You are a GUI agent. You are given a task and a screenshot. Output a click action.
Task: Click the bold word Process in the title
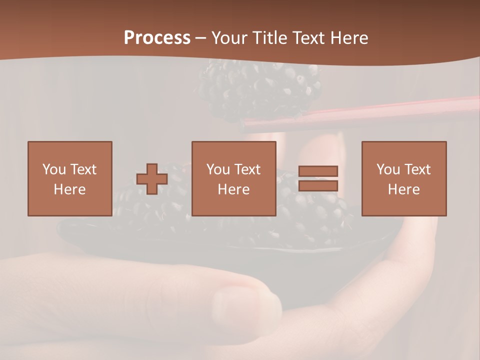click(157, 38)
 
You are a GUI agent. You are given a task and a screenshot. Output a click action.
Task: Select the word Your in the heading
click(229, 38)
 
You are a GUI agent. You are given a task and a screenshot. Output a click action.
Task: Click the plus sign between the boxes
click(152, 179)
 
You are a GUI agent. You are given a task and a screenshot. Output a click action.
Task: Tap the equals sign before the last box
click(318, 178)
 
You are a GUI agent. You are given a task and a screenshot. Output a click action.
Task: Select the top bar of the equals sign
click(318, 171)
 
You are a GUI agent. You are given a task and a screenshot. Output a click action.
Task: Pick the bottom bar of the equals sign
click(318, 186)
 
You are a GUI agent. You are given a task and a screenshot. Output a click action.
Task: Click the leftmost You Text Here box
click(69, 178)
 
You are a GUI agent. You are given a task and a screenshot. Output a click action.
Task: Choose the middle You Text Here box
click(233, 178)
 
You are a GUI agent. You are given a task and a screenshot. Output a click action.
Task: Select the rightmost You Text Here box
click(403, 178)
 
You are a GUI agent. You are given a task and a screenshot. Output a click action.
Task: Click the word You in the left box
click(53, 169)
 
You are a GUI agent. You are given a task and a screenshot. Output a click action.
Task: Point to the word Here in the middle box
click(233, 189)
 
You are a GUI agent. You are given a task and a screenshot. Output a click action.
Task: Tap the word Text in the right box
click(417, 169)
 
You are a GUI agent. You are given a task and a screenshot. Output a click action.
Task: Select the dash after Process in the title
click(201, 38)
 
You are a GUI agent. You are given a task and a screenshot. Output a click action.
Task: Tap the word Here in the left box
click(69, 189)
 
